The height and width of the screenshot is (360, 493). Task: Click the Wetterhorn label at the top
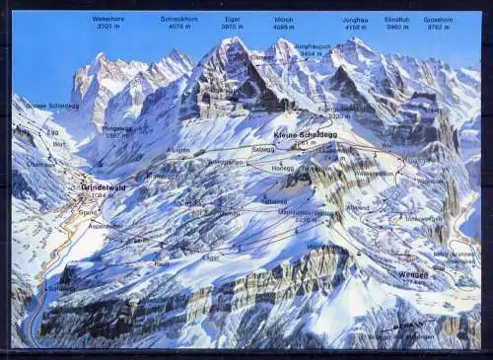pyautogui.click(x=108, y=19)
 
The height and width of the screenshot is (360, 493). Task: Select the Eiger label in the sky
pyautogui.click(x=233, y=19)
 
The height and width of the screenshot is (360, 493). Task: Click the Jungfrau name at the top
pyautogui.click(x=355, y=19)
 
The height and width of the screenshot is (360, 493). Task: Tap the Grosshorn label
pyautogui.click(x=439, y=19)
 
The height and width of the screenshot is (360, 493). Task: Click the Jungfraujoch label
pyautogui.click(x=312, y=46)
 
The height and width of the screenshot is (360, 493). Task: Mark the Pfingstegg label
pyautogui.click(x=116, y=128)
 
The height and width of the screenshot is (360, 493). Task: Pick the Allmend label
pyautogui.click(x=358, y=207)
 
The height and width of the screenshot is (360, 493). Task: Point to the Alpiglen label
pyautogui.click(x=177, y=150)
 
